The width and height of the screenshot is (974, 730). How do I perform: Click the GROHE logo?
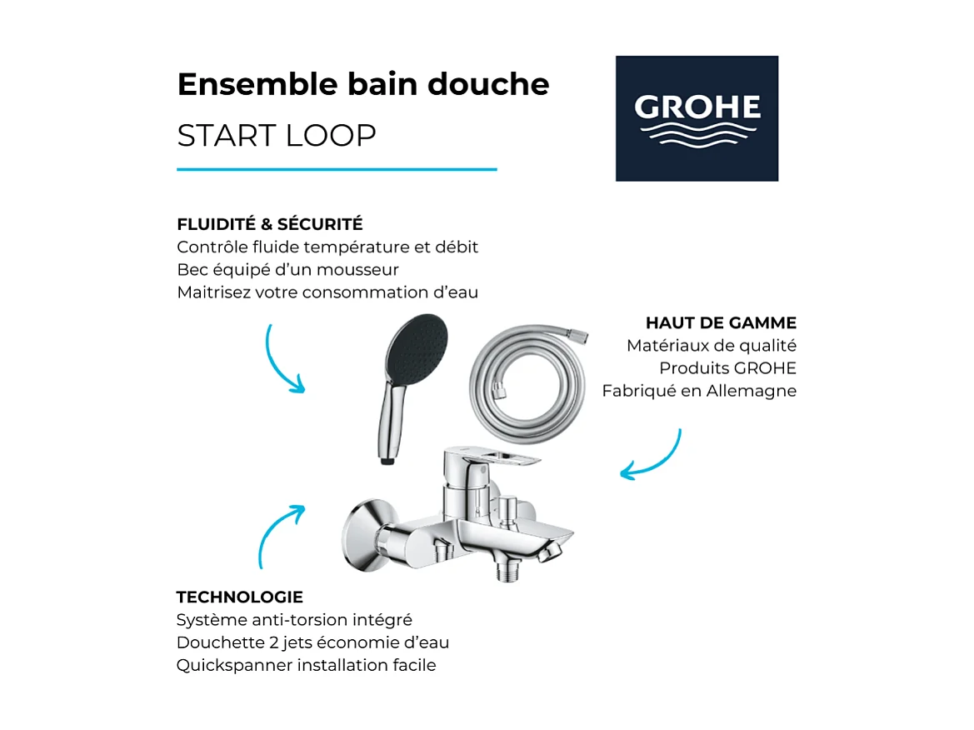click(x=697, y=117)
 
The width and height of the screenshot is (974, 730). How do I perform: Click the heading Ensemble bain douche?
click(x=363, y=84)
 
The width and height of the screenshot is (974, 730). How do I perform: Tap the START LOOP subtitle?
click(x=277, y=135)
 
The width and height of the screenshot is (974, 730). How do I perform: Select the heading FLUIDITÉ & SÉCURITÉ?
click(x=270, y=224)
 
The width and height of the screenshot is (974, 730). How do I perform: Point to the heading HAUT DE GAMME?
click(x=721, y=322)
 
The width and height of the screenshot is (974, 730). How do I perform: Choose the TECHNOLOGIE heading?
click(x=239, y=597)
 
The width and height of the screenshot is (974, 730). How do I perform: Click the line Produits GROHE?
click(x=727, y=368)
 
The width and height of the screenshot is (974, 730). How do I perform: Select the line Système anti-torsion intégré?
click(x=294, y=620)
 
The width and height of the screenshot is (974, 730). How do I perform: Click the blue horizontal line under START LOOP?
click(x=337, y=169)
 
